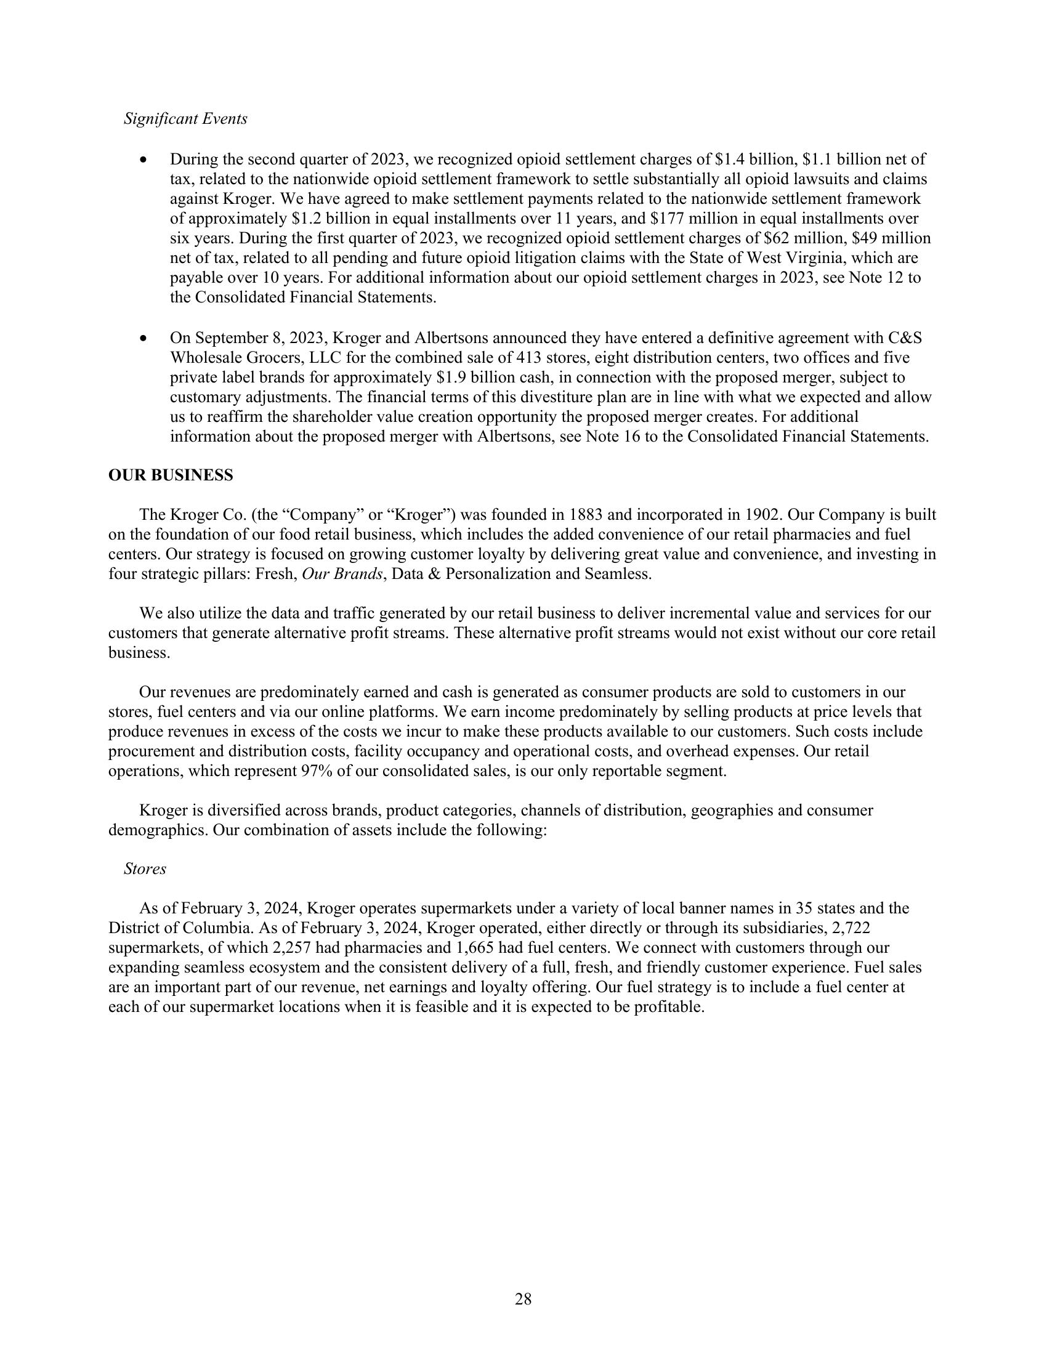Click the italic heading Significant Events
[x=185, y=118]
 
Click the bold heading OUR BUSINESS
[x=171, y=475]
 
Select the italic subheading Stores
[x=145, y=868]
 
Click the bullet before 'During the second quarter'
[x=144, y=160]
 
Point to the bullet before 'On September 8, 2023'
[x=144, y=339]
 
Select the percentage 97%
[x=317, y=771]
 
